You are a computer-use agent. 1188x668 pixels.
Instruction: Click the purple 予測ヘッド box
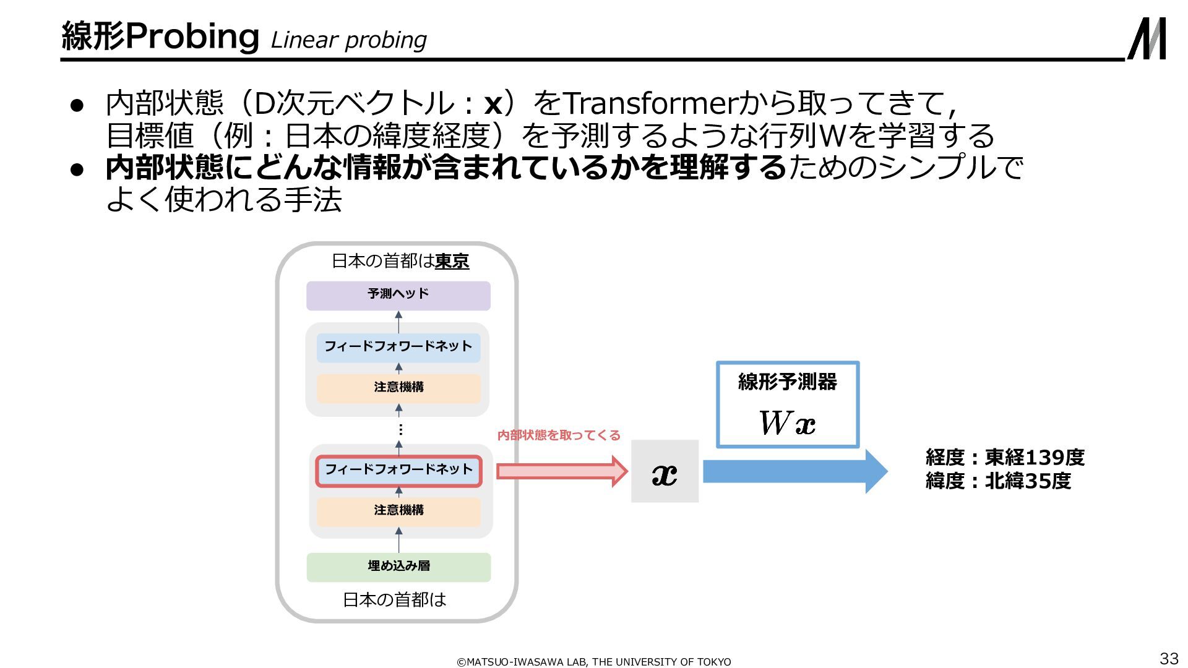point(398,295)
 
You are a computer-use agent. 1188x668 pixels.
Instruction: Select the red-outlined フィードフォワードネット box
point(398,471)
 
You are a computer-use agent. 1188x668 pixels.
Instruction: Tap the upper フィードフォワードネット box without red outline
point(398,347)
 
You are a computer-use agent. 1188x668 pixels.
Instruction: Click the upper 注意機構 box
point(398,388)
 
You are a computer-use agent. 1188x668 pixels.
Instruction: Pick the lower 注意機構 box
point(398,511)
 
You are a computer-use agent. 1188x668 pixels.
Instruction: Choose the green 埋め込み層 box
point(398,567)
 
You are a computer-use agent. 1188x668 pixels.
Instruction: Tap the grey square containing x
point(665,471)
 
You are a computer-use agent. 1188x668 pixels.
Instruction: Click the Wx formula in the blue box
point(787,424)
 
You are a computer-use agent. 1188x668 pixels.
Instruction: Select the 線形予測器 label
point(787,382)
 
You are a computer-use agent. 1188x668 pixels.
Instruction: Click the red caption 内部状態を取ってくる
point(559,435)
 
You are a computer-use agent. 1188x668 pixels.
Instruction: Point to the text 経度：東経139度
point(1005,458)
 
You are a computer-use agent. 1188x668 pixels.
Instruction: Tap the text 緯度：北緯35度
point(998,481)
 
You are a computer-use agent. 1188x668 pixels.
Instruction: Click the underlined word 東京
point(452,262)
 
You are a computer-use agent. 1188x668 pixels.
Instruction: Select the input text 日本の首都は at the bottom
point(394,599)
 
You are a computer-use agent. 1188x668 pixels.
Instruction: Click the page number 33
point(1168,658)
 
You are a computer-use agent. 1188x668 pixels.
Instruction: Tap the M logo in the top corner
point(1147,38)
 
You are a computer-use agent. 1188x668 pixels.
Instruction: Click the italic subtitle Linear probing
point(349,40)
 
